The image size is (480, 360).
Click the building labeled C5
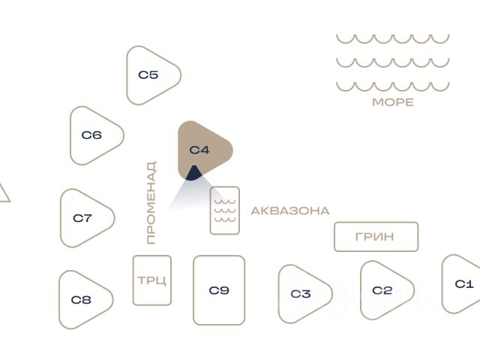tap(150, 75)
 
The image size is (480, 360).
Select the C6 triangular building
tap(93, 136)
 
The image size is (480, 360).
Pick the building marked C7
tap(83, 218)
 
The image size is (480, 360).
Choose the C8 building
tap(82, 300)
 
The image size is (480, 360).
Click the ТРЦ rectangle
tap(152, 280)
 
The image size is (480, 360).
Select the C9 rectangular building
tap(219, 290)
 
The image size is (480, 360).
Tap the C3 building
tap(301, 293)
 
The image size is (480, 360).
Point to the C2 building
tap(383, 290)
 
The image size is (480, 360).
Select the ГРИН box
tap(376, 237)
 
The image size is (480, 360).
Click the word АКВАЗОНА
tap(289, 211)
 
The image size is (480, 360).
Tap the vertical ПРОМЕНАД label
tap(151, 202)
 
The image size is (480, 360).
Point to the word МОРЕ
tap(392, 103)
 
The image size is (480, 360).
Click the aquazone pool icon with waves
tap(224, 211)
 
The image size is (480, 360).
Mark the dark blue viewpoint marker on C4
tap(193, 174)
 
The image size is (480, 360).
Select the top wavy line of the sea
tap(392, 38)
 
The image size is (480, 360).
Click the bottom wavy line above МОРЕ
tap(392, 85)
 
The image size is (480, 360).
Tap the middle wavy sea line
tap(392, 62)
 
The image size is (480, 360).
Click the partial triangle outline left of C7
tap(3, 193)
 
